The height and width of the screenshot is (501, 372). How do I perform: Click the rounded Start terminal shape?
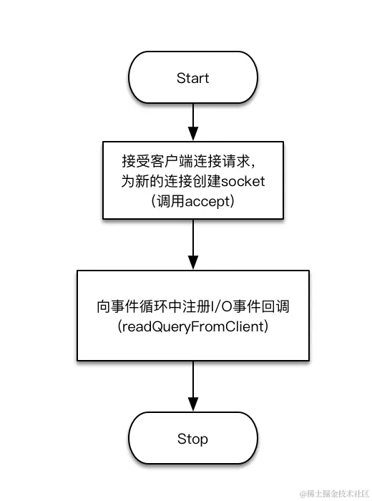(192, 78)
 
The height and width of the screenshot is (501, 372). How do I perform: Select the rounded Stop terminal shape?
(192, 439)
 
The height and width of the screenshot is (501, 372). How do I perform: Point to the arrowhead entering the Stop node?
(192, 405)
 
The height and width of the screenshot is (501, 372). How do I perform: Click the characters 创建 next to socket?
(205, 181)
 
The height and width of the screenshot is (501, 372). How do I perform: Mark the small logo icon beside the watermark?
(303, 493)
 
